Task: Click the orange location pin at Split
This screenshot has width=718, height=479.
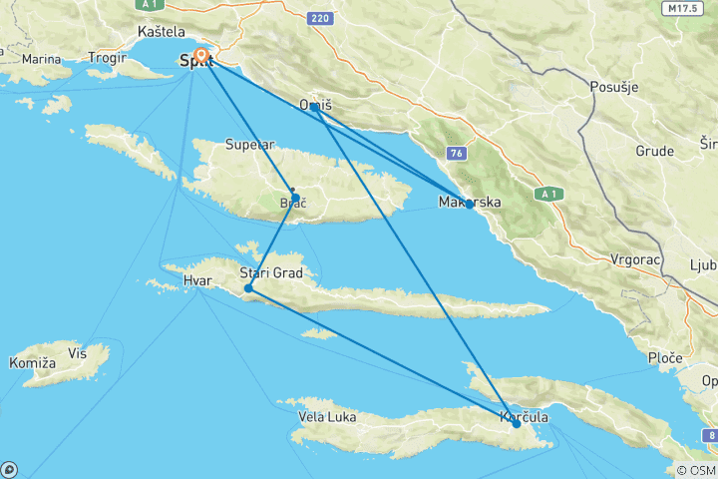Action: pyautogui.click(x=201, y=55)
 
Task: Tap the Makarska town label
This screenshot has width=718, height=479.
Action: pyautogui.click(x=469, y=203)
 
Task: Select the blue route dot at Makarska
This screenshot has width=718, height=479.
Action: pyautogui.click(x=469, y=204)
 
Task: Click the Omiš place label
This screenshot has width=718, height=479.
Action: pyautogui.click(x=315, y=105)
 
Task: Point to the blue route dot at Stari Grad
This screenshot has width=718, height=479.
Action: pyautogui.click(x=248, y=288)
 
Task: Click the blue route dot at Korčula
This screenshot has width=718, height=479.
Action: pyautogui.click(x=515, y=423)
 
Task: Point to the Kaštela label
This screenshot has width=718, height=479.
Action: pyautogui.click(x=162, y=32)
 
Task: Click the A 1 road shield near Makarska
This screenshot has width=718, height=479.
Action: pyautogui.click(x=547, y=193)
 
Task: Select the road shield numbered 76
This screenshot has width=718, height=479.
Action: pyautogui.click(x=457, y=153)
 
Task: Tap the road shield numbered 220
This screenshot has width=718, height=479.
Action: pyautogui.click(x=319, y=18)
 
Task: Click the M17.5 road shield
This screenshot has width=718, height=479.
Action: pyautogui.click(x=682, y=8)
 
